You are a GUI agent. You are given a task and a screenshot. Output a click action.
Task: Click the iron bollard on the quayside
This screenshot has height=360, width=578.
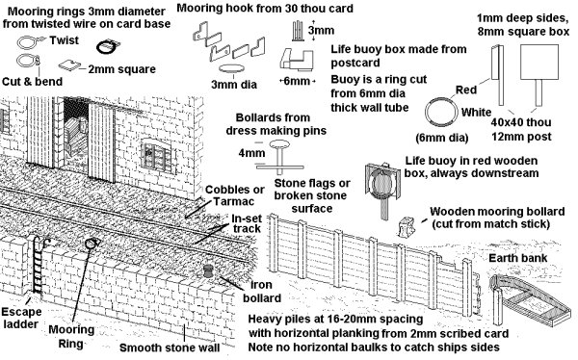[209, 271]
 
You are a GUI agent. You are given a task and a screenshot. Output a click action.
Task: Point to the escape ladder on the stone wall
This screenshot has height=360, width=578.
[37, 265]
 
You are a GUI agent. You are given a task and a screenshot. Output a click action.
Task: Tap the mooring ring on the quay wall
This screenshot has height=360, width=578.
[92, 244]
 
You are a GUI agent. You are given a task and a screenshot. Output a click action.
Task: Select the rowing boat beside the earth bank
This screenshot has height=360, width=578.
[531, 300]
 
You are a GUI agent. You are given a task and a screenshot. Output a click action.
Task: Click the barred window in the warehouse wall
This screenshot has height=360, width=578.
[157, 157]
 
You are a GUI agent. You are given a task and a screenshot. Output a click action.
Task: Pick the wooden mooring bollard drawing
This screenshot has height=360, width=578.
[407, 226]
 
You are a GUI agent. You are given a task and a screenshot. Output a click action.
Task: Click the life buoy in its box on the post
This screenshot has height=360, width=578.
[382, 183]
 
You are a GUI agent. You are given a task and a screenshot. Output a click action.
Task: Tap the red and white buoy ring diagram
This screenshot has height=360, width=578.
[441, 112]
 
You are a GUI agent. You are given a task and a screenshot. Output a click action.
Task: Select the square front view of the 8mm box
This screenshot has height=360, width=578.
[539, 63]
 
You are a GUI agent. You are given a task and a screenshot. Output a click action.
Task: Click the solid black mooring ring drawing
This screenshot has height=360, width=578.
[108, 47]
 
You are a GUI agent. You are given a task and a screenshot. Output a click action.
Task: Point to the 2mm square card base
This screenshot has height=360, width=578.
[69, 64]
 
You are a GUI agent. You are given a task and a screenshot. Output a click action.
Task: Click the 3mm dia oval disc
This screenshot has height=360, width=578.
[231, 68]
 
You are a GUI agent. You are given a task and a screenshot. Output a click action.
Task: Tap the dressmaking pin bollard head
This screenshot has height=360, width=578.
[279, 144]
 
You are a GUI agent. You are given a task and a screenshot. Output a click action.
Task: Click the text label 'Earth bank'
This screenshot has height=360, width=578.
[517, 258]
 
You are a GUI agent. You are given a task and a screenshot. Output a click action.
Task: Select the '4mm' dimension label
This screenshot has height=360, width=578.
[251, 153]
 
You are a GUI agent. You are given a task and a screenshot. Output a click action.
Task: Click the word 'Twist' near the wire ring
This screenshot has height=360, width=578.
[65, 40]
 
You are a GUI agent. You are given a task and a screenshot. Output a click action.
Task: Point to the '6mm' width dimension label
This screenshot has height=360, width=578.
[297, 81]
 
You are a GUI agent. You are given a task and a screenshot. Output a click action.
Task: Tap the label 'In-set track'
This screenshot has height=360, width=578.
[247, 223]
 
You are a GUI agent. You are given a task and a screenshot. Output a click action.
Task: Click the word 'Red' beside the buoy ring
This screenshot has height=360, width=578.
[466, 90]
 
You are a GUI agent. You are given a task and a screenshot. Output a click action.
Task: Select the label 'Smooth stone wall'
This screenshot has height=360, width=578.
[170, 347]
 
